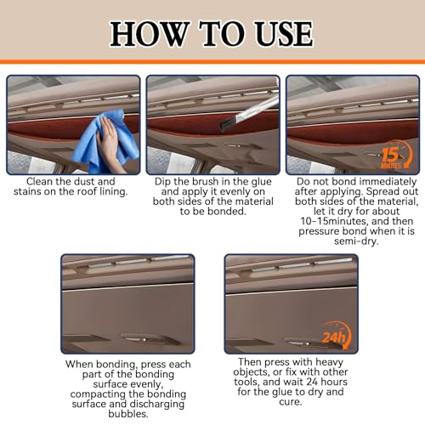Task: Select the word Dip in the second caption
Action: [164, 182]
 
